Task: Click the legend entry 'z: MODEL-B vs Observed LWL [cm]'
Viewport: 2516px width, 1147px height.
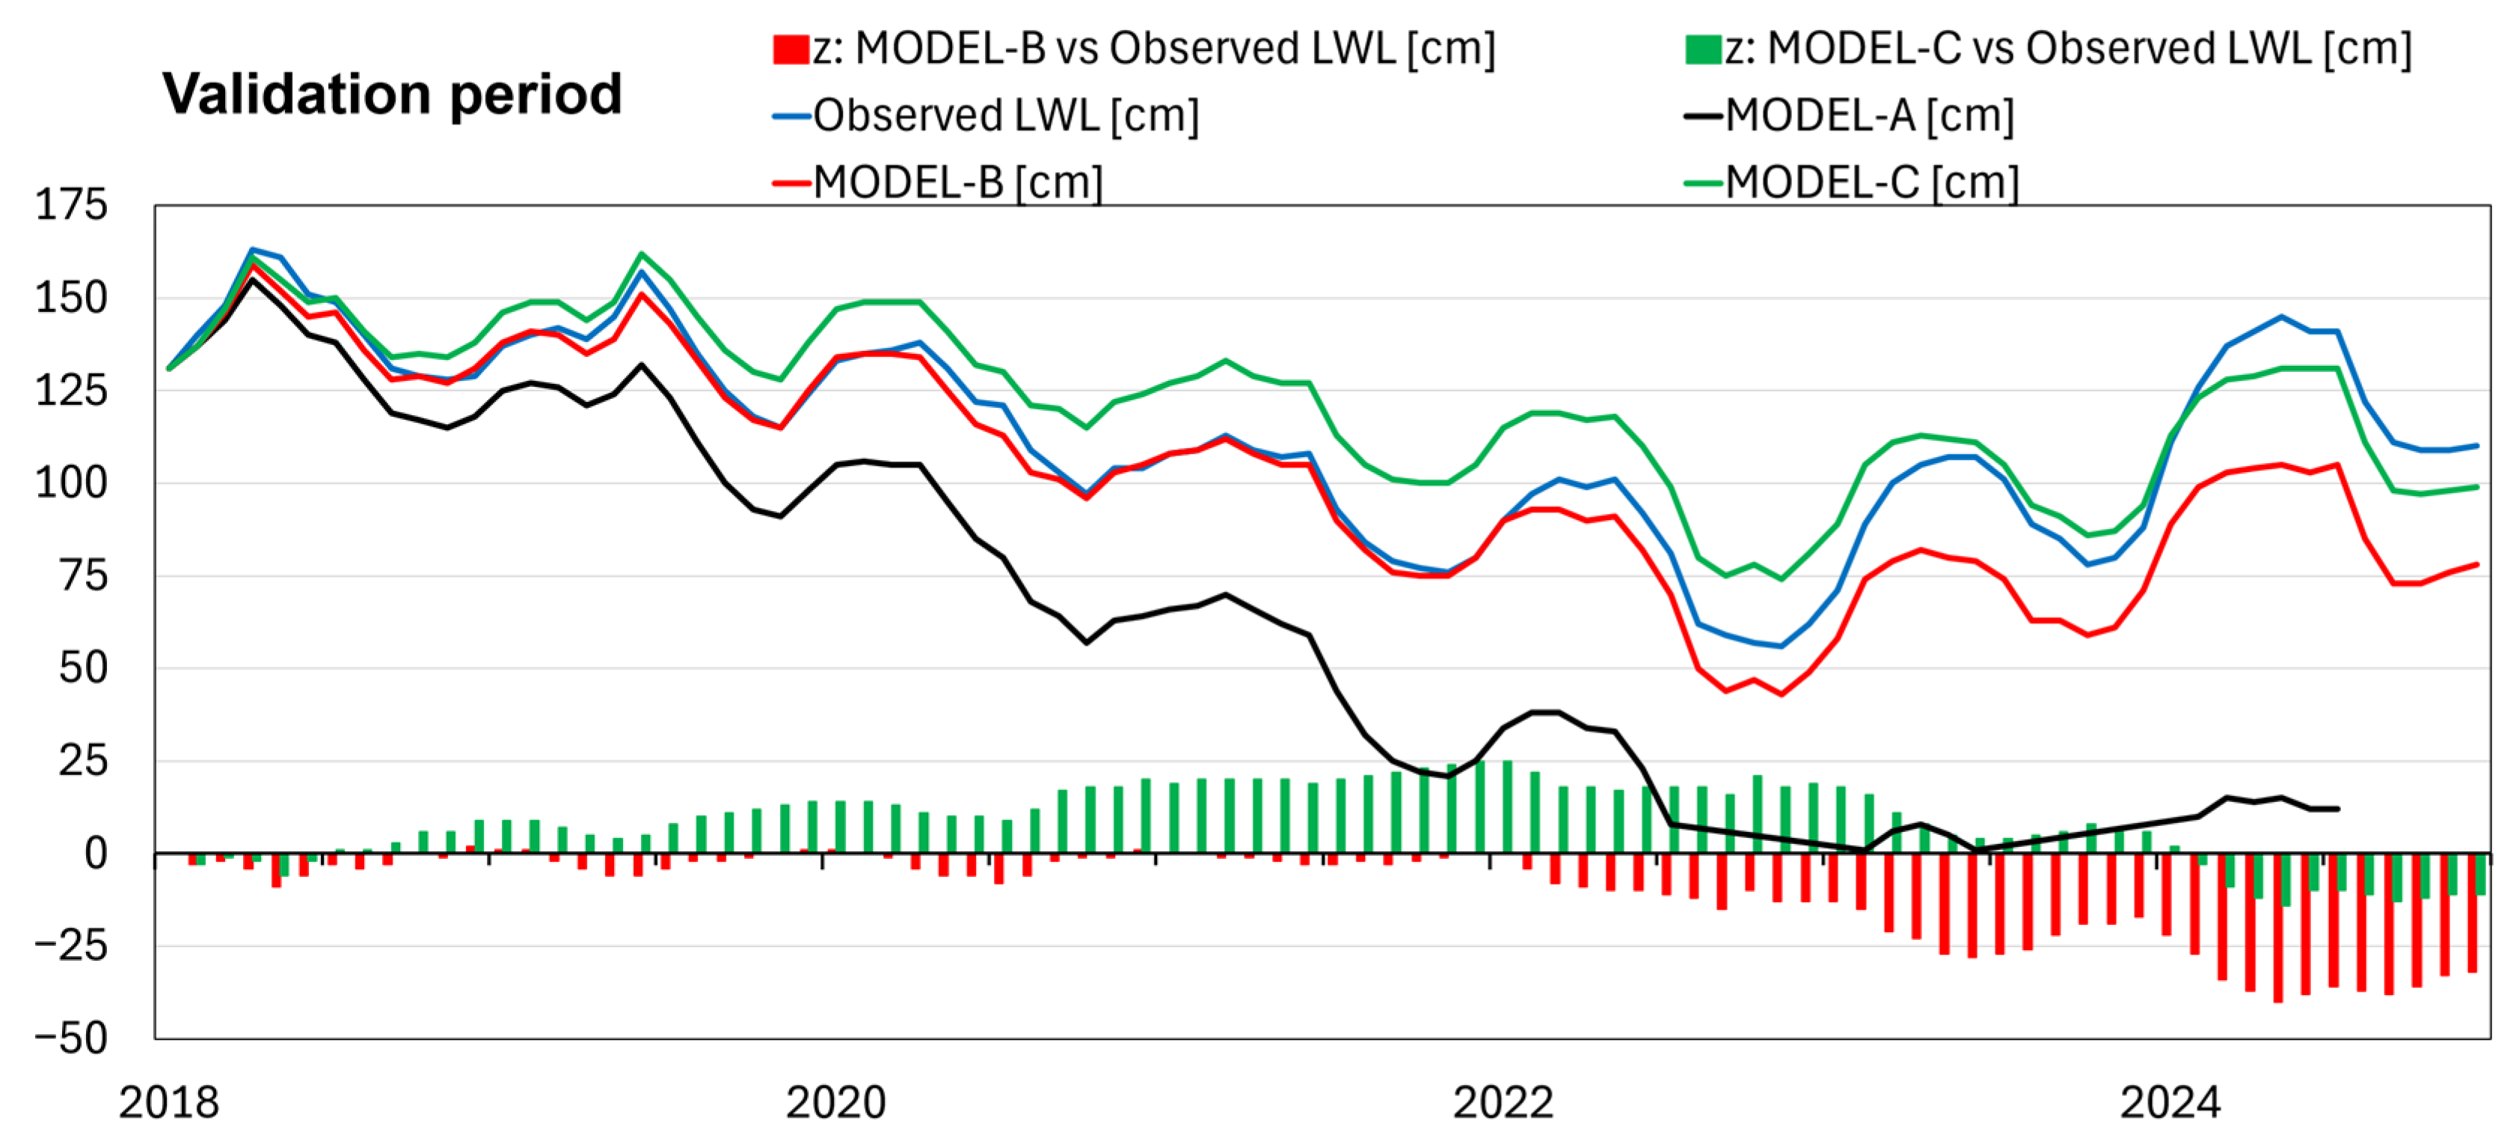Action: [1133, 49]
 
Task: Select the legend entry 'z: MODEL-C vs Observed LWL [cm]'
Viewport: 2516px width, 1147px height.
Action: [2047, 49]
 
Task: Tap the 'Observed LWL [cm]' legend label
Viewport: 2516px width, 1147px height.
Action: [986, 115]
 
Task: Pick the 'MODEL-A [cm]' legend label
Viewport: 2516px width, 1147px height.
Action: [1849, 115]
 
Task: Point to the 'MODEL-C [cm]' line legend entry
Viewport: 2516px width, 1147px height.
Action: [1851, 182]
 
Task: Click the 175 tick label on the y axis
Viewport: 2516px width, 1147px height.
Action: [71, 205]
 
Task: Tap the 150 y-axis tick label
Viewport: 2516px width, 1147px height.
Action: [71, 298]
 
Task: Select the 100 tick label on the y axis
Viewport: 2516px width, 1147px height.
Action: [71, 483]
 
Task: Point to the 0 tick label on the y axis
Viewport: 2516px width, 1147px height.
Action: [96, 854]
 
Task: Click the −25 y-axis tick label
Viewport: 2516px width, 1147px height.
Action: [71, 946]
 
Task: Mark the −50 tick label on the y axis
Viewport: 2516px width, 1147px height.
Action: [71, 1039]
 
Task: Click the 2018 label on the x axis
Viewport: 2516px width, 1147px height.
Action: [169, 1103]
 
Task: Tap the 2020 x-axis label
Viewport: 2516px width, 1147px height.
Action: [836, 1103]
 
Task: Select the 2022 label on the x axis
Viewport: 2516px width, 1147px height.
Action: [1503, 1103]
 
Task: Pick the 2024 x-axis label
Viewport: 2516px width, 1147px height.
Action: [2170, 1103]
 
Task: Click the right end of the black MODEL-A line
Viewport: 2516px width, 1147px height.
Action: [2337, 809]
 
